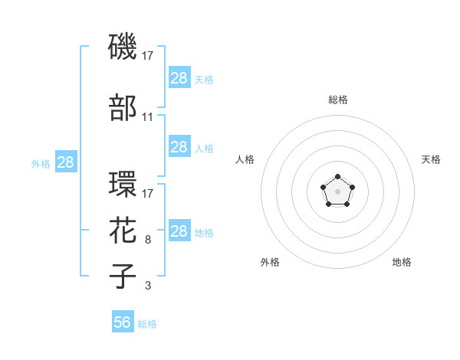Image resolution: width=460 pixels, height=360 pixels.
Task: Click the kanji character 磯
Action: tap(123, 47)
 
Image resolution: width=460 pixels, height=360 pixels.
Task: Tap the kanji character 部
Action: tap(123, 108)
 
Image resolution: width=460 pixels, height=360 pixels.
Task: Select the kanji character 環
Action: tap(123, 185)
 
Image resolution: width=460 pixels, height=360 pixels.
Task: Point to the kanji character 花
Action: tap(123, 231)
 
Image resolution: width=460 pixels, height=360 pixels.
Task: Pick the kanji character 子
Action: tap(123, 276)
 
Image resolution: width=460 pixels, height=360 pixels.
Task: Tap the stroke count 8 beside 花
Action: tap(147, 240)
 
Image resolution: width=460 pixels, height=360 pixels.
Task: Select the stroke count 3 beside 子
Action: tap(147, 286)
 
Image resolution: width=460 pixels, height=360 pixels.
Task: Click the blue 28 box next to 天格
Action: tap(179, 77)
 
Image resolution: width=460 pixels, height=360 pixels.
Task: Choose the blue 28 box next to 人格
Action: tap(179, 147)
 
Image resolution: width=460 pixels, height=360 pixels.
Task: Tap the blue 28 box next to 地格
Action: tap(179, 231)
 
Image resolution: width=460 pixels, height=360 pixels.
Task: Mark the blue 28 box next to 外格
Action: tap(66, 162)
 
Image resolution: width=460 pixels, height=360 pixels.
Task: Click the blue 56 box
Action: tap(123, 322)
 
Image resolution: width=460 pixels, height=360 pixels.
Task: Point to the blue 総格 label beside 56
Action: tap(147, 324)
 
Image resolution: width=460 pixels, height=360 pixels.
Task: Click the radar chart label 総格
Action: tap(337, 100)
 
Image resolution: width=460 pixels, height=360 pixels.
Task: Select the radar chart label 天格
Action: tap(431, 159)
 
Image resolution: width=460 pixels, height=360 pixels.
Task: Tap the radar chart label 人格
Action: tap(245, 159)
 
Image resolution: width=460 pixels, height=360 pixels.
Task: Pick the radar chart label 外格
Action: tap(270, 262)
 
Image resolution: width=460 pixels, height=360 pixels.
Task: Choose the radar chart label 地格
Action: tap(402, 262)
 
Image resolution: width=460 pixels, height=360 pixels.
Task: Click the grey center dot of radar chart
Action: tap(337, 191)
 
